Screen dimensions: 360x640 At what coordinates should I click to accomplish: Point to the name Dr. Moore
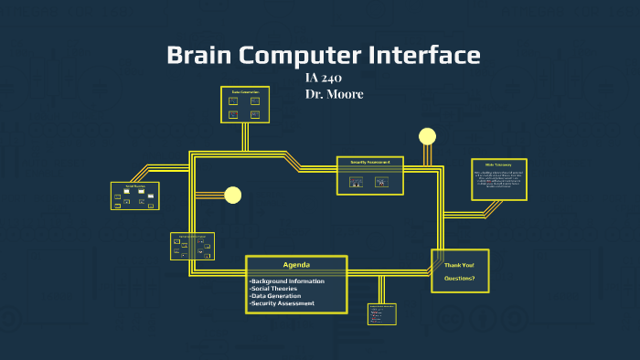coord(334,94)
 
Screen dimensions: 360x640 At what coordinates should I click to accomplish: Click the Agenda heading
coord(296,265)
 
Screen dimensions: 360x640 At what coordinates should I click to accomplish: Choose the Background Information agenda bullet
coord(287,281)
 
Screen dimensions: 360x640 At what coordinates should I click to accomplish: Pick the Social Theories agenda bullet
coord(273,288)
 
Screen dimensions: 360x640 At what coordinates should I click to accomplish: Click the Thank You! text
coord(459,265)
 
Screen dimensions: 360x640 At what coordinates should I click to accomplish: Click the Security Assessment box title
coord(369,162)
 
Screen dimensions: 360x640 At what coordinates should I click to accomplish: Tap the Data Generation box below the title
coord(245,105)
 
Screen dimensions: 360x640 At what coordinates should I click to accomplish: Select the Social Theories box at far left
coord(134,196)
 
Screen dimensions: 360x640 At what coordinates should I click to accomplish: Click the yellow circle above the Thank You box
coord(427,137)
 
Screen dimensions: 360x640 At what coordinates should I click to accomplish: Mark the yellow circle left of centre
coord(232,195)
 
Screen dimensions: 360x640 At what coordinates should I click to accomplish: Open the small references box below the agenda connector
coord(382,314)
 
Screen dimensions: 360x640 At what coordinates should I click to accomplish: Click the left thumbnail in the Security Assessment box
coord(357,182)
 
